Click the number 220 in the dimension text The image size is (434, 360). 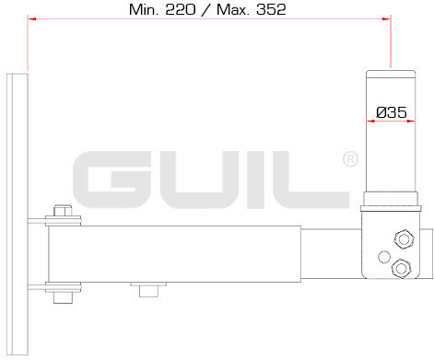coord(181,10)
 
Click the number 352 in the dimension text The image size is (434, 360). coord(271,10)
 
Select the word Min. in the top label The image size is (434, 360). coord(143,10)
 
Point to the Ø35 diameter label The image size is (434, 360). coord(392,112)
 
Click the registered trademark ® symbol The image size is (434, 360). coord(350,159)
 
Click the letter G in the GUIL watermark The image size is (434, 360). coord(111,180)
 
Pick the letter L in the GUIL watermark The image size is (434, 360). coord(311,180)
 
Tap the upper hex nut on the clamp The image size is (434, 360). coord(404,238)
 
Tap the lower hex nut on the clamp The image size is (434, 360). coord(401,268)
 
